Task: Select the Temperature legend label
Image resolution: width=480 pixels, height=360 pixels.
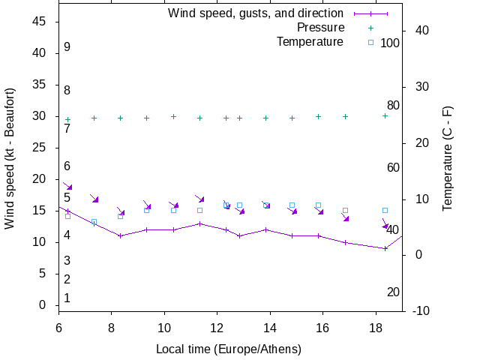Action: pyautogui.click(x=310, y=41)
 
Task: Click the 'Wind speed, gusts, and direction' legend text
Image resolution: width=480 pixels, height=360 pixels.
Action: pyautogui.click(x=256, y=13)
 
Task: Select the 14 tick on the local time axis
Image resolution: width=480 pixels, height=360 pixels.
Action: pyautogui.click(x=269, y=328)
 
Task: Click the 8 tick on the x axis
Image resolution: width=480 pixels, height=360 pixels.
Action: pyautogui.click(x=111, y=328)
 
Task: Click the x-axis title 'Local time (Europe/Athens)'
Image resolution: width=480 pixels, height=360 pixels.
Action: pyautogui.click(x=228, y=349)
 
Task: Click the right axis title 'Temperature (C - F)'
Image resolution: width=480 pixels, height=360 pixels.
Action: pyautogui.click(x=448, y=159)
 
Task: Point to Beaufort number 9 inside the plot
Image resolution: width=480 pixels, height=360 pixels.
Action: pyautogui.click(x=67, y=47)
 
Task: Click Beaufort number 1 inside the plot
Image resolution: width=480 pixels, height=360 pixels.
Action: pyautogui.click(x=67, y=298)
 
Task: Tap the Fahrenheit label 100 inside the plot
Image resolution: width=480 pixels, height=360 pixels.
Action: pyautogui.click(x=390, y=43)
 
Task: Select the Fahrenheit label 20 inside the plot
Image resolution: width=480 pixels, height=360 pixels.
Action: pyautogui.click(x=393, y=292)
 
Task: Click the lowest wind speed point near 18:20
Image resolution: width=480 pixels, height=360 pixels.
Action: pyautogui.click(x=385, y=248)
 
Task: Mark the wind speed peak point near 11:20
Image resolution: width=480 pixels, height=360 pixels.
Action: pyautogui.click(x=199, y=223)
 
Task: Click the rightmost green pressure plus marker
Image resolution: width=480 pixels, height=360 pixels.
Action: pyautogui.click(x=385, y=115)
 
